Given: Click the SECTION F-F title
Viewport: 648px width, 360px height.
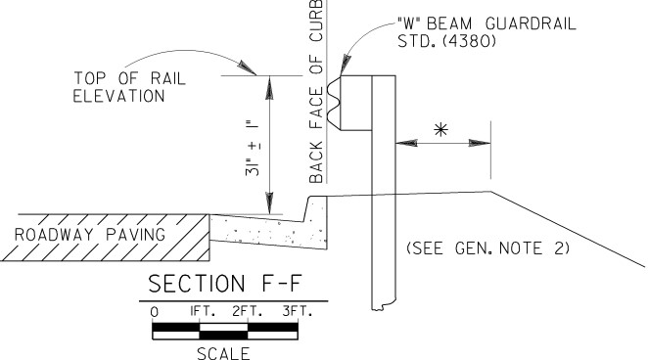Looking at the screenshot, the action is [x=225, y=284].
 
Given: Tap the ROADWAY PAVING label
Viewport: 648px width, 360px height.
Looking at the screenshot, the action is [x=90, y=235].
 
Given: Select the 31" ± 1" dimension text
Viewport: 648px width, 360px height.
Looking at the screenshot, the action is [x=253, y=149].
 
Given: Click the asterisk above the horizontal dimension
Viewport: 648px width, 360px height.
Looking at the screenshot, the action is [x=440, y=130].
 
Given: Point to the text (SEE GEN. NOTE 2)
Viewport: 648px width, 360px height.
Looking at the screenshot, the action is [x=488, y=248].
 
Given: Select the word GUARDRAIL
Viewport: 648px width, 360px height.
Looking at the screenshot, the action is [x=531, y=23].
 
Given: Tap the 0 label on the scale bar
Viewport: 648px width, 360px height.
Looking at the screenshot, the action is [x=154, y=312].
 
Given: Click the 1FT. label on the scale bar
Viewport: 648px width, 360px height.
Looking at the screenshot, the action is [x=203, y=311].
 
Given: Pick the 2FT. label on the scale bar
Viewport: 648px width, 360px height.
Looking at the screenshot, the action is [x=247, y=311].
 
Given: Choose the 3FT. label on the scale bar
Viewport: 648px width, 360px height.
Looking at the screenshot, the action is [x=298, y=311].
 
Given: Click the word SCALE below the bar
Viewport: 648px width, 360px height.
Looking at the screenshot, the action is [x=223, y=353].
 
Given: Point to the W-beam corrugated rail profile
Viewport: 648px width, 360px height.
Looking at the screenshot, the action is [x=334, y=103].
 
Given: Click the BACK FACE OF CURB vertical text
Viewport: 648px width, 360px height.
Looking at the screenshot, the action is [x=316, y=91].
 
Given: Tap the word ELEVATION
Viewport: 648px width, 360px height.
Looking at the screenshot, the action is [x=119, y=96].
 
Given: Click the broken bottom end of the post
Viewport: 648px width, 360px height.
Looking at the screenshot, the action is [x=384, y=307].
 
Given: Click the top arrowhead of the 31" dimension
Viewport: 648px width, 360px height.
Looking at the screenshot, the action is [x=269, y=87].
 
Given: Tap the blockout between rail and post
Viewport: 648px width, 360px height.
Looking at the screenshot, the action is [x=356, y=104].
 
